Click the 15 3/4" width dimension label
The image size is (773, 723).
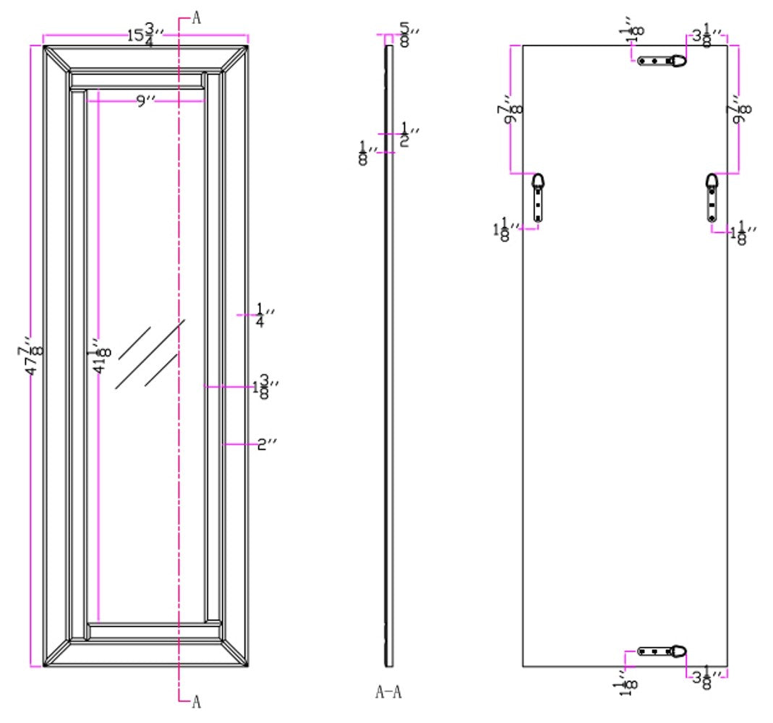point(142,33)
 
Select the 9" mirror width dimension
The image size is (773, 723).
point(146,101)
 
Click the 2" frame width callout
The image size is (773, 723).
point(268,444)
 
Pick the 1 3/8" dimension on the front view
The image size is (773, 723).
point(265,388)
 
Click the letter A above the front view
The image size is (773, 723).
point(196,19)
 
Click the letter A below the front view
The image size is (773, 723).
point(196,701)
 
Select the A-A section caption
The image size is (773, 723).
point(388,693)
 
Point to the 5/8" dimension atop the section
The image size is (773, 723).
point(408,34)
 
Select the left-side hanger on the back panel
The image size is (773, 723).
point(538,196)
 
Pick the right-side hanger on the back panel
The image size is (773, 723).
point(712,196)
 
